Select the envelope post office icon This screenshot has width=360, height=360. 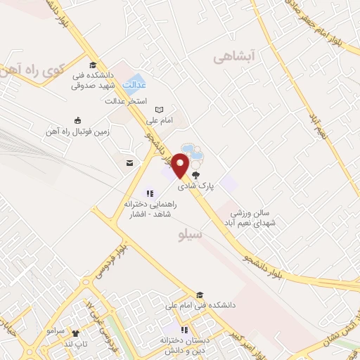pos(129,163)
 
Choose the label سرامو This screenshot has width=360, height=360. pos(56,330)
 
